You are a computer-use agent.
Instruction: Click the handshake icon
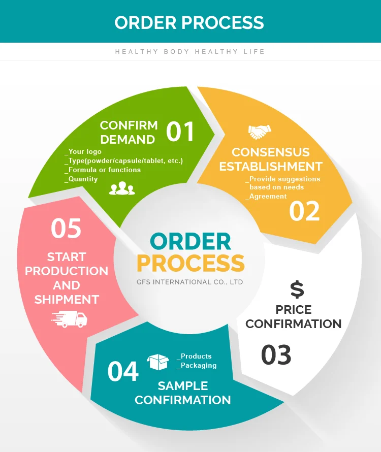tap(259, 132)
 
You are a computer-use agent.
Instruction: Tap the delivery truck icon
tap(69, 318)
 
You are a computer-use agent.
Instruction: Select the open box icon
tap(157, 362)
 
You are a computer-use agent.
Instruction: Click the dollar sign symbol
tap(297, 289)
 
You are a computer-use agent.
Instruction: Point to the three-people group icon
tap(122, 188)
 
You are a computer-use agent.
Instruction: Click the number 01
tap(180, 132)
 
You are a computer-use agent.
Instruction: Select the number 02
tap(304, 211)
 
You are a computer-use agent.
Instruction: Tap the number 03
tap(276, 355)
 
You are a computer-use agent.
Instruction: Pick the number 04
tap(123, 372)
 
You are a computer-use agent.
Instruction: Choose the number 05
tap(66, 229)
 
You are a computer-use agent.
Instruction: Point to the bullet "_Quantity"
tap(81, 179)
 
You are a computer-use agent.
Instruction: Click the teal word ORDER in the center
tap(190, 242)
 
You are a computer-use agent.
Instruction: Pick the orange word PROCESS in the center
tap(190, 263)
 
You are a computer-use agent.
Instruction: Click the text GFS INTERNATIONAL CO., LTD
tap(190, 281)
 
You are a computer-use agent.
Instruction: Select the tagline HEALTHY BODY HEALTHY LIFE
tap(190, 52)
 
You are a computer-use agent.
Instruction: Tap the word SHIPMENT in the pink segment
tap(67, 299)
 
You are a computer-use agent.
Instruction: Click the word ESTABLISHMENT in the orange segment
tap(271, 166)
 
